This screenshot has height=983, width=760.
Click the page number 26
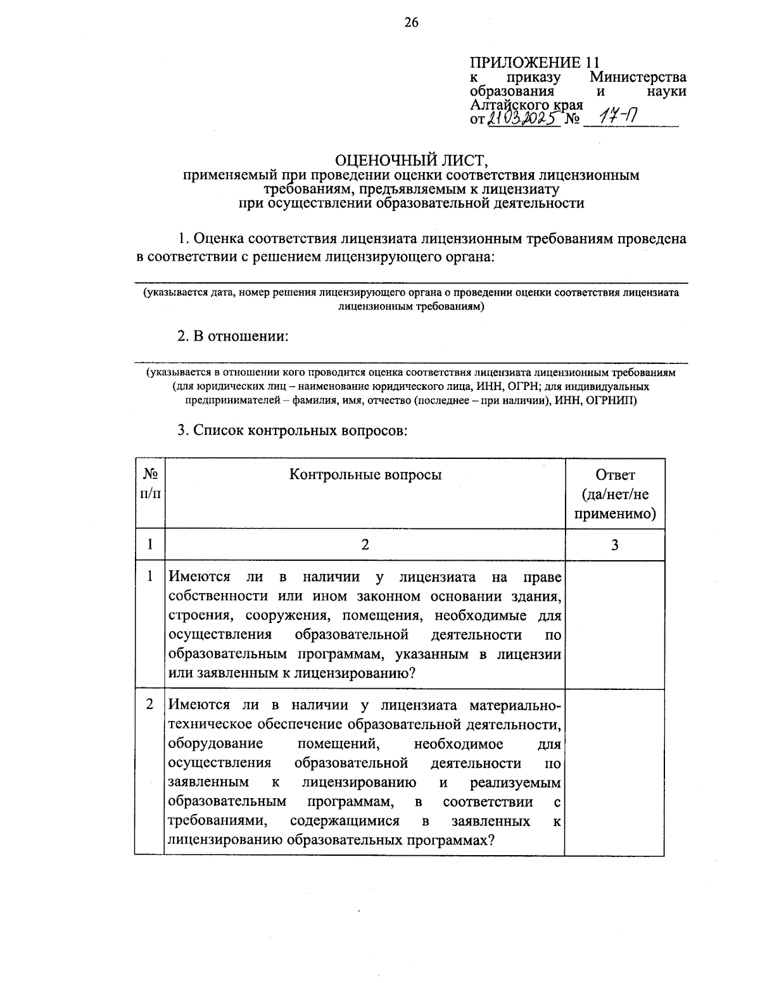point(411,23)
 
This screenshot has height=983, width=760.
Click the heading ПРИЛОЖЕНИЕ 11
point(534,63)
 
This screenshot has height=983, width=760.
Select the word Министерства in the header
point(638,77)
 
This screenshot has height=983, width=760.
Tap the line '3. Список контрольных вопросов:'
point(291,430)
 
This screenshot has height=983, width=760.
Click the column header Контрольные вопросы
point(365,475)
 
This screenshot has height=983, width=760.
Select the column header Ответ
point(614,475)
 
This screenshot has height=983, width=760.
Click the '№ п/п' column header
point(150,483)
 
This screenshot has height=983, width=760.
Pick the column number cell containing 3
point(614,545)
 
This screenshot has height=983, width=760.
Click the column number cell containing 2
point(365,545)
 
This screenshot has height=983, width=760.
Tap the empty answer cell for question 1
point(614,625)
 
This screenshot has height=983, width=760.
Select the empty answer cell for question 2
point(614,772)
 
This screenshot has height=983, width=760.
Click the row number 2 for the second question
point(150,704)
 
